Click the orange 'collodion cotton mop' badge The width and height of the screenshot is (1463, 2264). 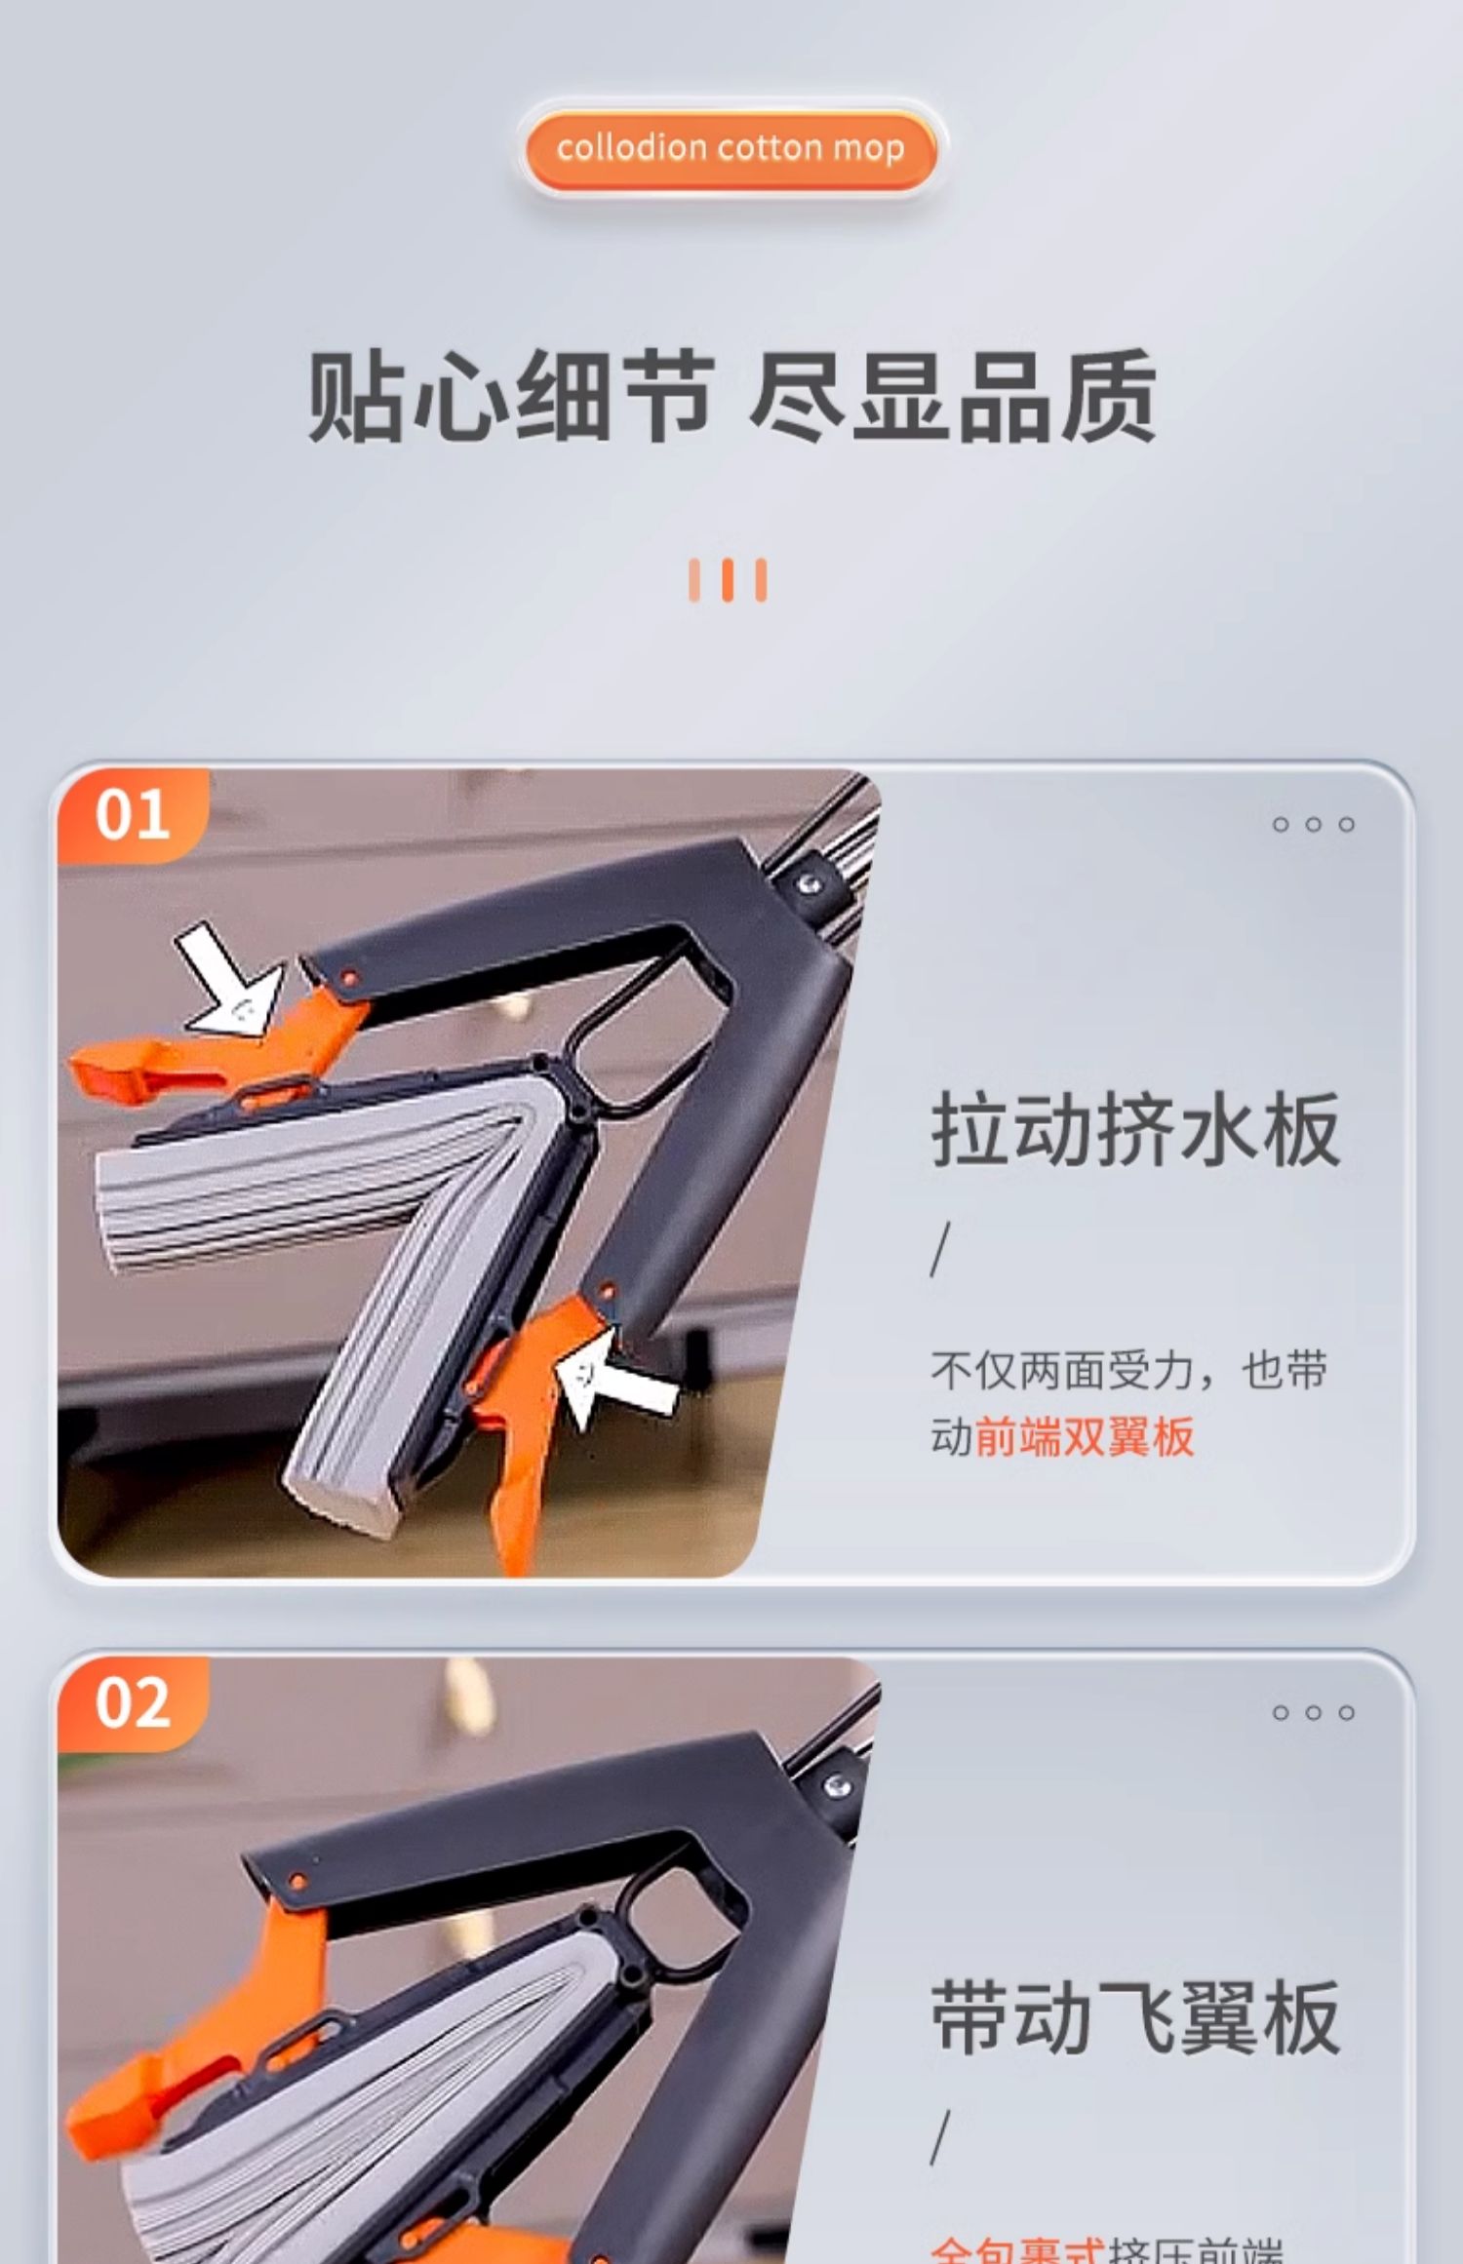(730, 148)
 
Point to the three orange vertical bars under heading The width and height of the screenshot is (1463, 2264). (728, 580)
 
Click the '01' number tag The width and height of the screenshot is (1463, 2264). (133, 815)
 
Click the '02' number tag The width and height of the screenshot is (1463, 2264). (133, 1703)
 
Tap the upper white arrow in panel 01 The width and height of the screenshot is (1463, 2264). (230, 981)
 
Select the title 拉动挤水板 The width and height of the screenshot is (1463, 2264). (1135, 1130)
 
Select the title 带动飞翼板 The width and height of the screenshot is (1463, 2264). (1135, 2018)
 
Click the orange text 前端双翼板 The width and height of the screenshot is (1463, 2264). (1085, 1436)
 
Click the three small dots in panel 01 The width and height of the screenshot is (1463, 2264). (1313, 825)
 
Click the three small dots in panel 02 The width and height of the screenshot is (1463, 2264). (1313, 1713)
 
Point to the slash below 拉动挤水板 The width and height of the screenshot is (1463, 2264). (940, 1249)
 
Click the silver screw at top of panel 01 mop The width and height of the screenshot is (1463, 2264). (809, 883)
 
